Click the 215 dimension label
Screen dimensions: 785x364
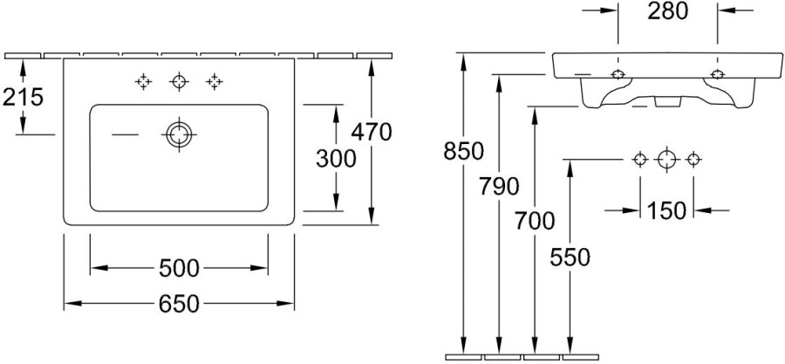pos(23,97)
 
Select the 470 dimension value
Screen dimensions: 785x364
pos(371,132)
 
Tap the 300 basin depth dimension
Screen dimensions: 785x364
pos(336,159)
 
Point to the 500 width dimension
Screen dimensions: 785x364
pos(179,268)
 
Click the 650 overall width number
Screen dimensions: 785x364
pos(179,304)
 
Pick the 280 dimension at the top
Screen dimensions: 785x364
pos(668,11)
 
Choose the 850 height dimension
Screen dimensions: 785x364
pos(464,151)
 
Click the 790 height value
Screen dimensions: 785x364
pos(499,187)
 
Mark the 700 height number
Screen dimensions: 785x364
pos(535,221)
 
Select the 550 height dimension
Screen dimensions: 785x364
pos(570,258)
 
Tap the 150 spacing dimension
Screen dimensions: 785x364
pos(666,210)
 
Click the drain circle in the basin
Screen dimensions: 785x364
pos(179,134)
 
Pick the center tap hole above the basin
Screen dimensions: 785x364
pos(179,81)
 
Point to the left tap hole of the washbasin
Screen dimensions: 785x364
pos(144,81)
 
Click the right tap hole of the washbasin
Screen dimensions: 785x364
pos(215,81)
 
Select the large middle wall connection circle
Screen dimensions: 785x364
pos(666,160)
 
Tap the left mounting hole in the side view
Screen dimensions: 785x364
pos(618,74)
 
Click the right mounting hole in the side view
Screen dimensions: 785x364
pos(718,74)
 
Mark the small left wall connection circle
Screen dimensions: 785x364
pos(640,160)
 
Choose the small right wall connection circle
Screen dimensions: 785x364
pos(693,160)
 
